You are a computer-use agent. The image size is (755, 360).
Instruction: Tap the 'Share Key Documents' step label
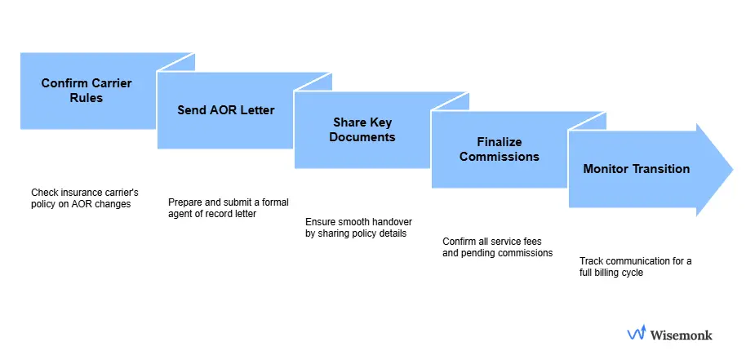[x=362, y=129]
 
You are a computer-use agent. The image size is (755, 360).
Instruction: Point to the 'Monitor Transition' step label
[x=636, y=169]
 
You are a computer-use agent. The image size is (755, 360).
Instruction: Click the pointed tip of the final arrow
[x=731, y=170]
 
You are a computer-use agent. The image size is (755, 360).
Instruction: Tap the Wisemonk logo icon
[x=637, y=333]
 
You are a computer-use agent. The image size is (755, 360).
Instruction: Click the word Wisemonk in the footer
[x=681, y=334]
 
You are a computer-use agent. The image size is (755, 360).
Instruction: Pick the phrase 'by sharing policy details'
[x=355, y=233]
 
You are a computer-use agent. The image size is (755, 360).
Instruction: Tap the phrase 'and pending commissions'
[x=497, y=253]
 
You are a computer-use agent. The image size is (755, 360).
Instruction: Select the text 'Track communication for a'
[x=635, y=261]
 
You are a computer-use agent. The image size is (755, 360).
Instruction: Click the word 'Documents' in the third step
[x=362, y=137]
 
